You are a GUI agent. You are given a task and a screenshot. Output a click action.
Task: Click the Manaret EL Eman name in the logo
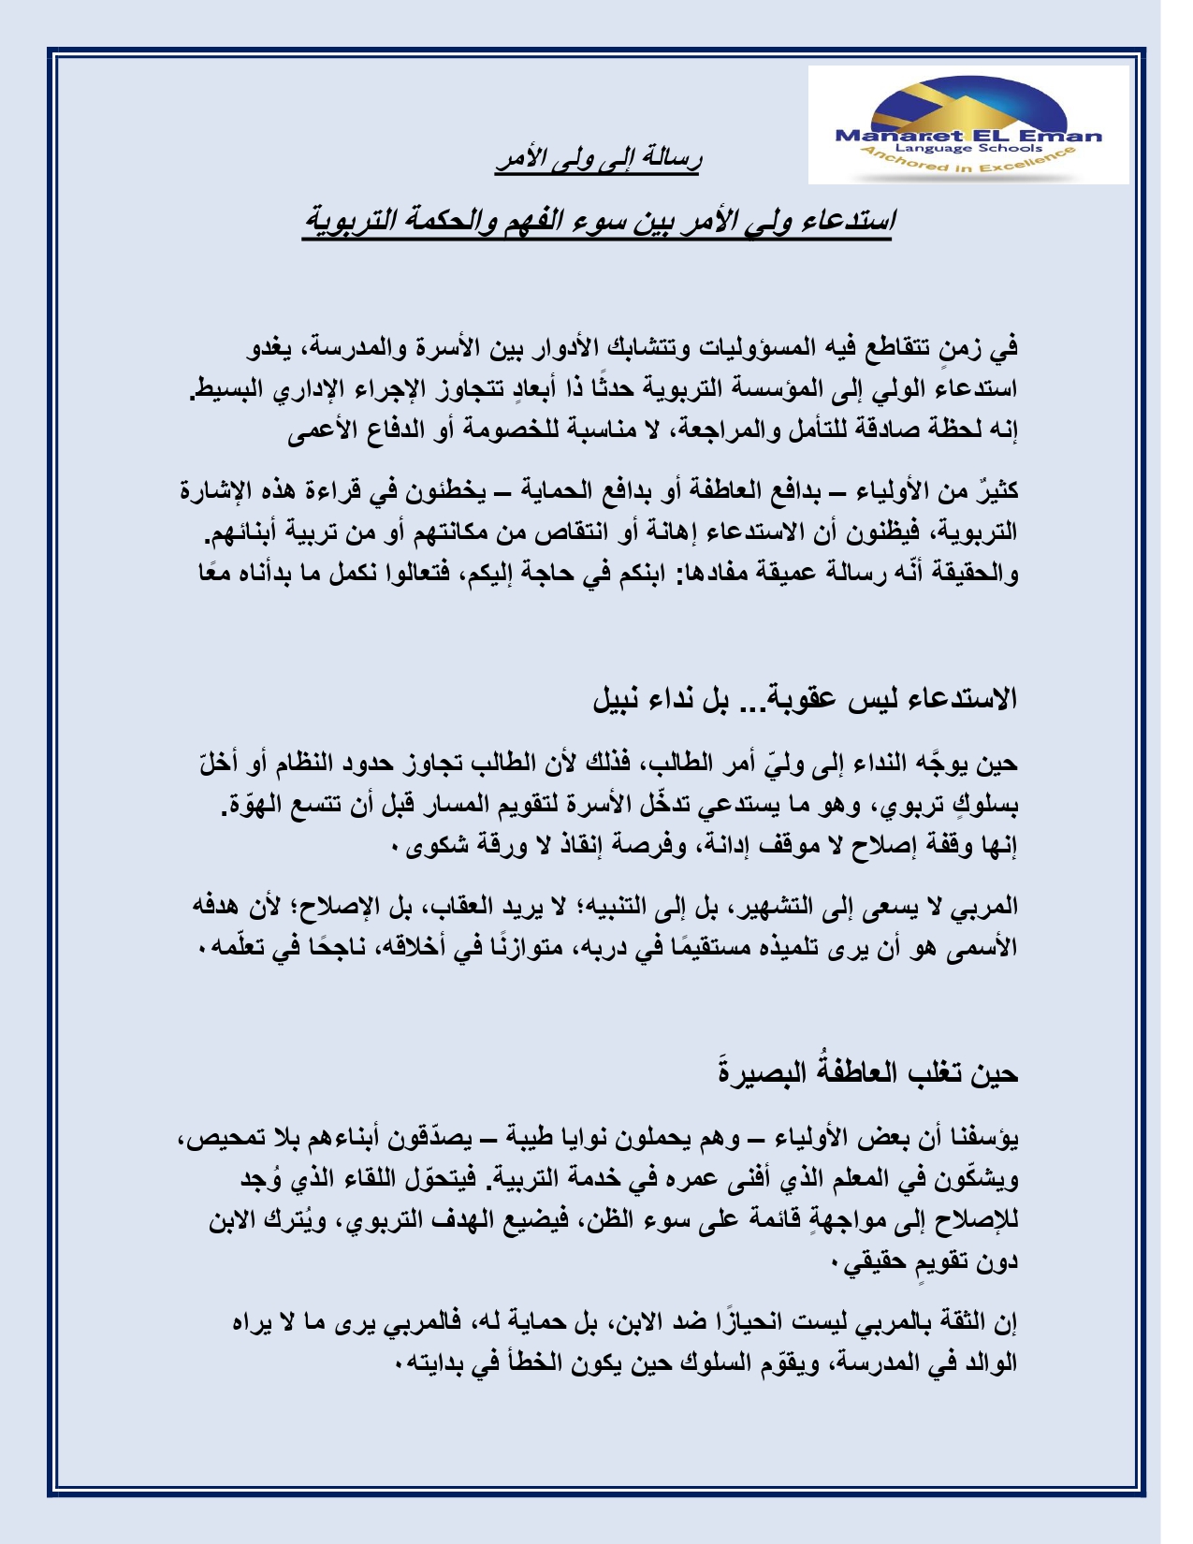(968, 135)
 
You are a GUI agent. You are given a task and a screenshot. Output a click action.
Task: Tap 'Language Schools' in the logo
(968, 149)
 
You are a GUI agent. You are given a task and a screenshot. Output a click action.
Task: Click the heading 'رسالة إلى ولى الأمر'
(599, 160)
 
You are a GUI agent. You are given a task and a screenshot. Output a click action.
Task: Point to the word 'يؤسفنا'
(983, 1139)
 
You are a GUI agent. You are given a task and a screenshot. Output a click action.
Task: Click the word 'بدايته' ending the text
(436, 1363)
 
